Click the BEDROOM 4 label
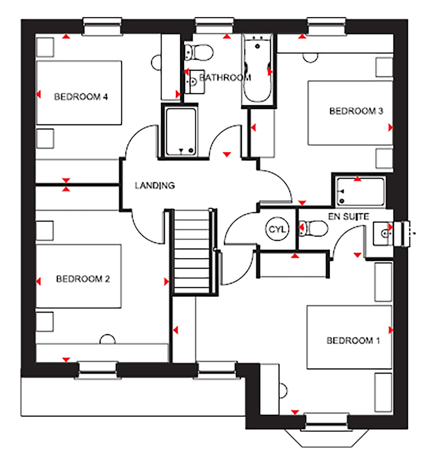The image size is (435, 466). tap(81, 97)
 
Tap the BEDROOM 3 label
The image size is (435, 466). tap(356, 111)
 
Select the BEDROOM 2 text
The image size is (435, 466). tap(83, 279)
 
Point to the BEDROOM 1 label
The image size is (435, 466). tap(353, 340)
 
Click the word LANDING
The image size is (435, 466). tap(155, 186)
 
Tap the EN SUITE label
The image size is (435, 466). tap(349, 217)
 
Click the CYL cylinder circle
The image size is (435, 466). tap(278, 229)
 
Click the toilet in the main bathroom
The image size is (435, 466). tap(199, 52)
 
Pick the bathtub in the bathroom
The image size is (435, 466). tap(258, 68)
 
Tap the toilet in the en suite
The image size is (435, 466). tap(313, 228)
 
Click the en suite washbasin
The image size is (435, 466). tap(383, 233)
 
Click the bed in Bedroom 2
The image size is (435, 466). tap(79, 276)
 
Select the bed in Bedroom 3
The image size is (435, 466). tap(350, 113)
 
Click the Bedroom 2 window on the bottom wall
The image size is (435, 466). tap(98, 370)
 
